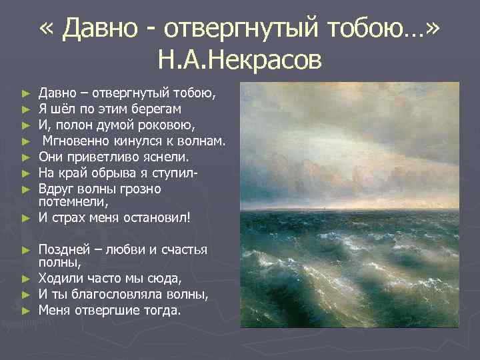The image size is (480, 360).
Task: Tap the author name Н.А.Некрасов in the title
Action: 240,61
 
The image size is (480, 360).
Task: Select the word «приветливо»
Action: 105,157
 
